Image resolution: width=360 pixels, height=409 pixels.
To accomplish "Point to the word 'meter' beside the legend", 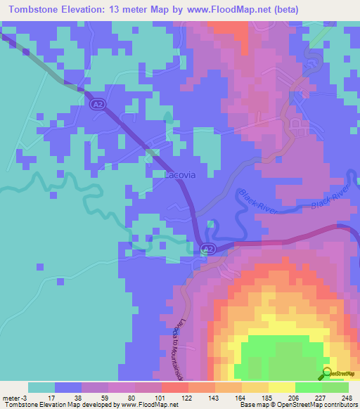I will [12, 397].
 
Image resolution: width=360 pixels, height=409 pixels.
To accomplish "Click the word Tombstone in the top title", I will [32, 9].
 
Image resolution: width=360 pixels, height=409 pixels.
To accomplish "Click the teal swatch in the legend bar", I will [41, 387].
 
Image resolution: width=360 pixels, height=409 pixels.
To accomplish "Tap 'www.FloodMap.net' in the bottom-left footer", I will [147, 405].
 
